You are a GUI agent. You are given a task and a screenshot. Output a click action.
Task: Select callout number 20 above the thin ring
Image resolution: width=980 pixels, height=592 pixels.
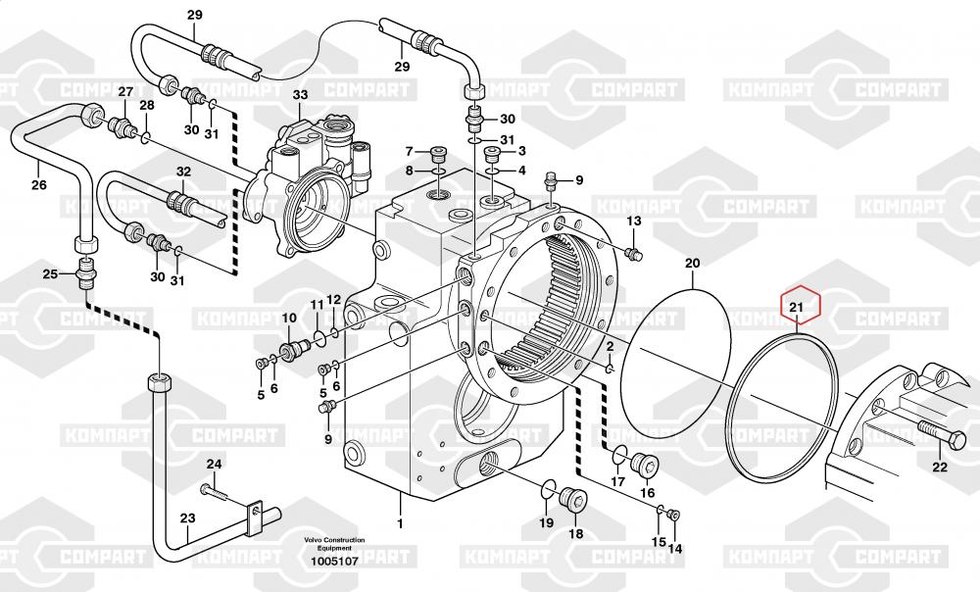pyautogui.click(x=693, y=264)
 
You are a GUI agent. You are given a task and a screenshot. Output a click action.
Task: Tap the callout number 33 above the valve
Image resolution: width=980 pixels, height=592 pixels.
pyautogui.click(x=300, y=95)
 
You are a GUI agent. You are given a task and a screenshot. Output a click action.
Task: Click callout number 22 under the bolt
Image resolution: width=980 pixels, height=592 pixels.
pyautogui.click(x=940, y=468)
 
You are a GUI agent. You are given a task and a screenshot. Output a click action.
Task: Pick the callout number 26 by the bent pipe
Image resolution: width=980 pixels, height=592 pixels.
pyautogui.click(x=38, y=183)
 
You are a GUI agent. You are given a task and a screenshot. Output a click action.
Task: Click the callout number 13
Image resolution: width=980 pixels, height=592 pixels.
pyautogui.click(x=633, y=221)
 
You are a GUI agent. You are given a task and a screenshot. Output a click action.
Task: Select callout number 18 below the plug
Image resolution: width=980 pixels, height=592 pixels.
pyautogui.click(x=575, y=533)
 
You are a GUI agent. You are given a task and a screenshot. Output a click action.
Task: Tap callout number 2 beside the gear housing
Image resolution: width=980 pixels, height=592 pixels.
pyautogui.click(x=610, y=347)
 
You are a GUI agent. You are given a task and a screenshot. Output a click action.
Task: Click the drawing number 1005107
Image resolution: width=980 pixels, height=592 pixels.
pyautogui.click(x=334, y=562)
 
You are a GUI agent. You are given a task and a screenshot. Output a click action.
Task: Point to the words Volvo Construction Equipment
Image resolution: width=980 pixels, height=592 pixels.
pyautogui.click(x=334, y=544)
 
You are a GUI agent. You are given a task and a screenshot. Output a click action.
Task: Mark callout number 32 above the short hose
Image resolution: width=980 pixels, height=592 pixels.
pyautogui.click(x=183, y=172)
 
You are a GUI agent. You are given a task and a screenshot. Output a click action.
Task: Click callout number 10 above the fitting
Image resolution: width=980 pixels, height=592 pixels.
pyautogui.click(x=290, y=319)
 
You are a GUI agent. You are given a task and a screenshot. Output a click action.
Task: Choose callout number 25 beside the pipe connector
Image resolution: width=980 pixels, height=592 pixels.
pyautogui.click(x=50, y=274)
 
